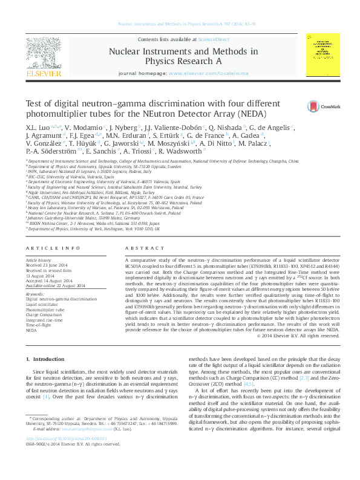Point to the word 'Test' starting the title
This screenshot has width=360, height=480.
coord(34,103)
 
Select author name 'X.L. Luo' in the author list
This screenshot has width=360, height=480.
coord(38,129)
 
